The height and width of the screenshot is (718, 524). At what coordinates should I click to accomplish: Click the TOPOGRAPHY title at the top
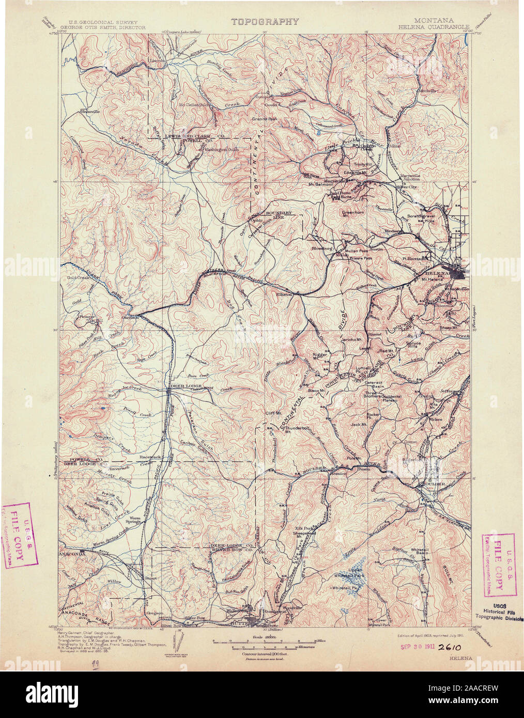265,22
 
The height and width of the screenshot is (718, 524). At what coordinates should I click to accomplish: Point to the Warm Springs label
135,520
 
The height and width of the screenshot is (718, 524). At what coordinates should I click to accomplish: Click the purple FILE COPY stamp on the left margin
20,535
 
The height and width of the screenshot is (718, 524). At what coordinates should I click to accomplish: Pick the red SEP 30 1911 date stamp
418,646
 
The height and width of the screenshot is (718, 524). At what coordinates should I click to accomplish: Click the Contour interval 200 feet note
264,653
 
